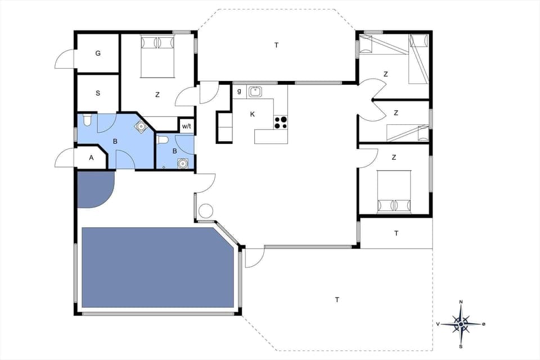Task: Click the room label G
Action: click(98, 53)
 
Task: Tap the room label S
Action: click(98, 93)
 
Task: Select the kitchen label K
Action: click(253, 114)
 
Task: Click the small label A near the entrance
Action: click(92, 158)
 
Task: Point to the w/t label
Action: click(187, 126)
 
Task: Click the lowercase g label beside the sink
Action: click(239, 91)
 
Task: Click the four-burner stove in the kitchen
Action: click(280, 121)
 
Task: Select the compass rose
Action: click(461, 324)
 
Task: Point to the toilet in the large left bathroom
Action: click(86, 120)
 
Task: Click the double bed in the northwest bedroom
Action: click(157, 56)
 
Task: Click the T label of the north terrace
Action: click(276, 45)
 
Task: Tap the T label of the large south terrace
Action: click(337, 300)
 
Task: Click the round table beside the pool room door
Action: click(205, 211)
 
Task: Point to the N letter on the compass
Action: click(461, 302)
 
